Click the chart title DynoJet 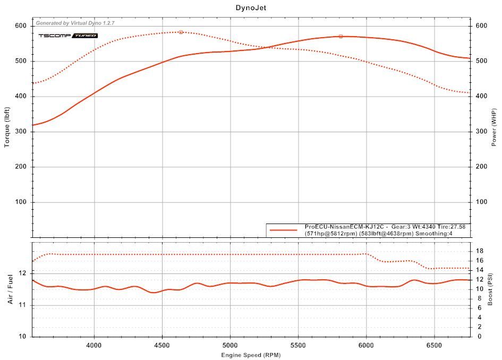pyautogui.click(x=251, y=8)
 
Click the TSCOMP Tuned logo pyautogui.click(x=67, y=36)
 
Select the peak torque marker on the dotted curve pyautogui.click(x=181, y=32)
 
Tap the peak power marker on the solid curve pyautogui.click(x=341, y=36)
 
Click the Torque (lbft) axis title pyautogui.click(x=7, y=128)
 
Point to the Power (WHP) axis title pyautogui.click(x=494, y=128)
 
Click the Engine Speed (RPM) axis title pyautogui.click(x=251, y=355)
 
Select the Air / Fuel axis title pyautogui.click(x=10, y=289)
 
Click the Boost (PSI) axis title pyautogui.click(x=490, y=289)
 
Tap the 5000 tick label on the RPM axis pyautogui.click(x=230, y=345)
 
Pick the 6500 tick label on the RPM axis pyautogui.click(x=435, y=345)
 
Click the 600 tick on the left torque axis pyautogui.click(x=21, y=26)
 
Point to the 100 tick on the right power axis pyautogui.click(x=481, y=202)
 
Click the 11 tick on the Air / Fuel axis pyautogui.click(x=22, y=305)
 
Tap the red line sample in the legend pyautogui.click(x=283, y=230)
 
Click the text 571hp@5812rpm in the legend pyautogui.click(x=330, y=234)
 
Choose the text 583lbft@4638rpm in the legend pyautogui.click(x=386, y=234)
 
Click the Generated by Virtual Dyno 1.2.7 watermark pyautogui.click(x=75, y=23)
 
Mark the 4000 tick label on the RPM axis pyautogui.click(x=94, y=345)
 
